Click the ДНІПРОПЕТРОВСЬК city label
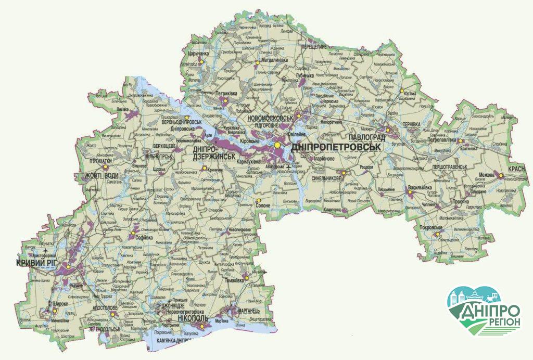[336, 147]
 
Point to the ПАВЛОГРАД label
[357, 137]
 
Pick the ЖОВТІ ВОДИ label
[103, 175]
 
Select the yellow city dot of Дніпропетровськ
[278, 145]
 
